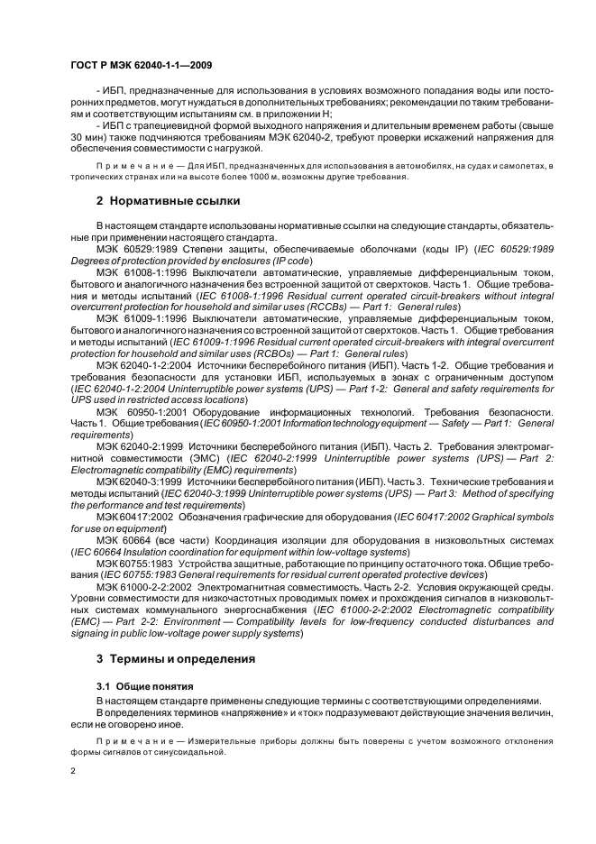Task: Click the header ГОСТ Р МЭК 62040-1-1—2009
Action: pos(141,66)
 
